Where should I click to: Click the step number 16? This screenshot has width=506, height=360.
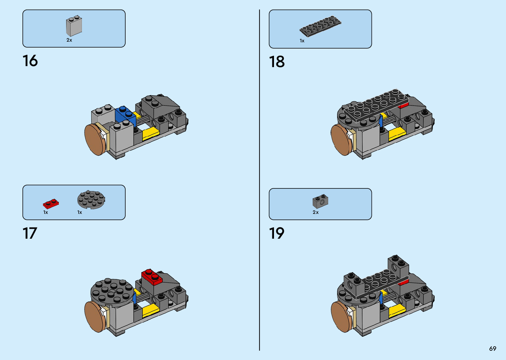coord(30,61)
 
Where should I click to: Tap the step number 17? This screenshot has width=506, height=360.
coord(30,233)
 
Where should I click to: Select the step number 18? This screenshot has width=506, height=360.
coord(277,62)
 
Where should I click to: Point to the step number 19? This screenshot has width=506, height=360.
coord(277,233)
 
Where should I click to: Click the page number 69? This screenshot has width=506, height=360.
coord(492,349)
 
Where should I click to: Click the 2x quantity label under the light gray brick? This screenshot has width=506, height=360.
coord(69,40)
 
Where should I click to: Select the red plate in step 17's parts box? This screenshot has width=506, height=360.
coord(51,204)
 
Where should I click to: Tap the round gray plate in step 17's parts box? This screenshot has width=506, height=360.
coord(91,200)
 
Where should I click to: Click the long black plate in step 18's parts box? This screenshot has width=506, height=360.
coord(320,26)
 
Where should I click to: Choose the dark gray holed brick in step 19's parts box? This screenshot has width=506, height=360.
coord(320,201)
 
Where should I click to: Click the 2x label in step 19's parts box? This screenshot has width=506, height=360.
coord(316,213)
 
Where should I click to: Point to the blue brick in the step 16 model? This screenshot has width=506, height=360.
coord(125,115)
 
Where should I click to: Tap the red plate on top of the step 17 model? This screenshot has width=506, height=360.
coord(152,277)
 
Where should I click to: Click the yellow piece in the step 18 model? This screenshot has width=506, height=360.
coord(397,133)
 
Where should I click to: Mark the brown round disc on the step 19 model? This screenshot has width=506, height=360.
coord(341,317)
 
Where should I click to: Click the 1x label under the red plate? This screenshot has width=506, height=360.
coord(46,213)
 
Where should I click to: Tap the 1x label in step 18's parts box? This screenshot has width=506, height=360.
coord(302,41)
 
